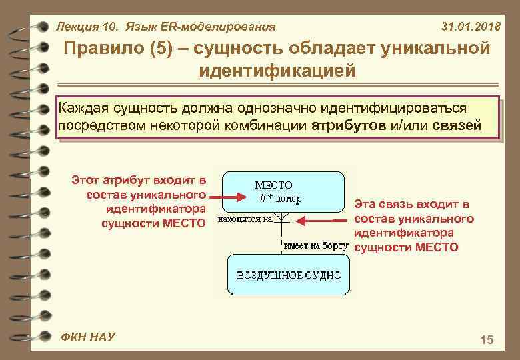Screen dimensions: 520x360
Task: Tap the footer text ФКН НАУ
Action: [x=87, y=337]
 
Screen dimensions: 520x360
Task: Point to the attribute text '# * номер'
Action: [x=281, y=198]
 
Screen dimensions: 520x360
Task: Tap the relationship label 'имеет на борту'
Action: [x=316, y=245]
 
